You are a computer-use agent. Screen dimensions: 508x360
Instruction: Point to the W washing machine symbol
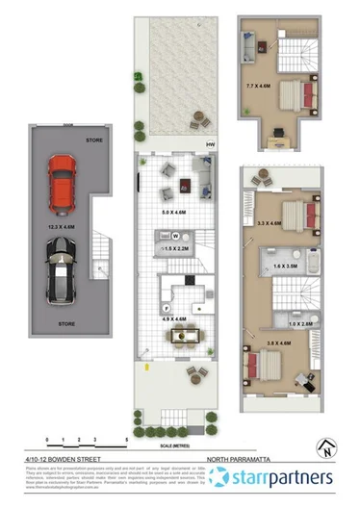[x=176, y=236]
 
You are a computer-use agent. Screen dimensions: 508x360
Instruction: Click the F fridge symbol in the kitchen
[x=166, y=307]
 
